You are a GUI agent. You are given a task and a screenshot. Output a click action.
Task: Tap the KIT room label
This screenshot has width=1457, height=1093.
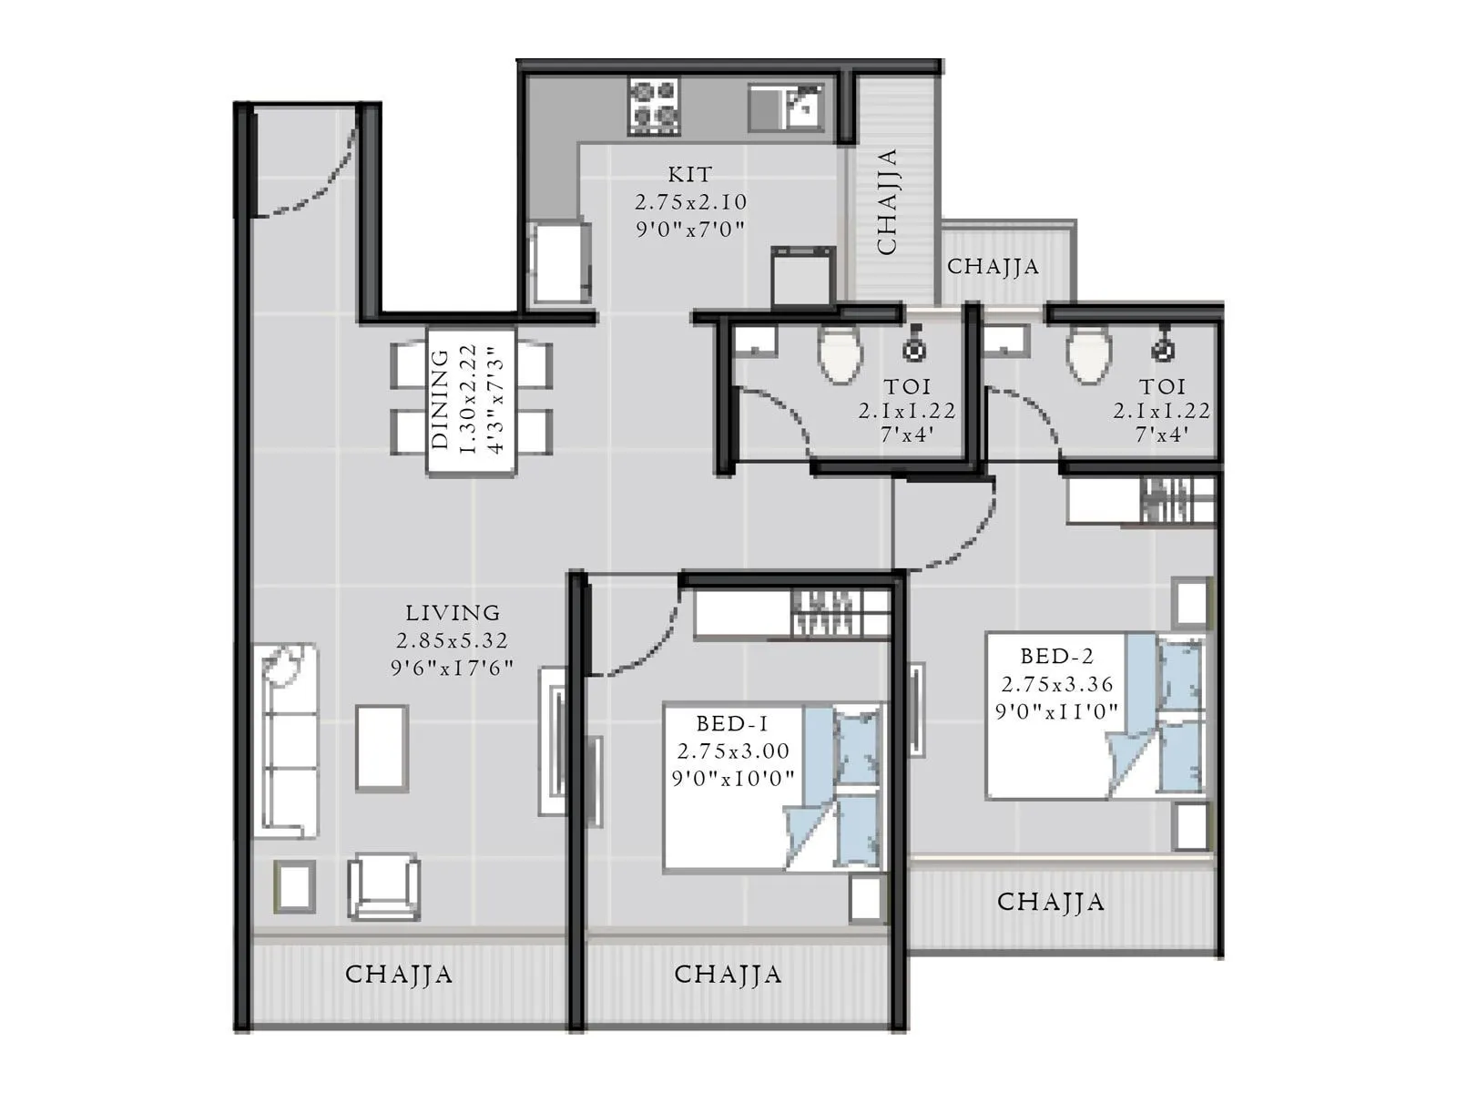coord(689,174)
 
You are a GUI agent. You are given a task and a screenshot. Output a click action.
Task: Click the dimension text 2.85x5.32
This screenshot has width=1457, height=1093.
coord(452,640)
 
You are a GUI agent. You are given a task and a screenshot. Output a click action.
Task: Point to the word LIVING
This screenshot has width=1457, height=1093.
coord(453,613)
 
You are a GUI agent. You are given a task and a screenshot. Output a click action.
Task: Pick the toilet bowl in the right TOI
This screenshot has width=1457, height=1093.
coord(1088,354)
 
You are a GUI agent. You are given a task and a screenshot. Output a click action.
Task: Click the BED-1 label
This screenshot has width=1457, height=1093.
coord(731,724)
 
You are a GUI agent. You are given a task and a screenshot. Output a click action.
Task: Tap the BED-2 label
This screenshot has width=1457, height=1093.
coord(1056,656)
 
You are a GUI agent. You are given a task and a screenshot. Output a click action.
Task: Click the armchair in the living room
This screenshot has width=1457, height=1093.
coord(383,885)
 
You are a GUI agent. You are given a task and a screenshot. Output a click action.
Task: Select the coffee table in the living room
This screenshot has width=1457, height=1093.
coord(382,747)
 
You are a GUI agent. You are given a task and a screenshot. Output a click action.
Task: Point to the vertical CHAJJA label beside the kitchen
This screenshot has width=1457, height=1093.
coord(887,201)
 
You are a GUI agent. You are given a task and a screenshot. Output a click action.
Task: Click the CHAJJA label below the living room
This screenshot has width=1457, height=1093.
coord(399,974)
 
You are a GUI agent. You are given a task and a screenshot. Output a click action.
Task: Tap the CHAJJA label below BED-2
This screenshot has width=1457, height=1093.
coord(1050,902)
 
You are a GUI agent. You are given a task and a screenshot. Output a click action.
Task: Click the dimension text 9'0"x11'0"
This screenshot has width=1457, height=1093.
coord(1056,711)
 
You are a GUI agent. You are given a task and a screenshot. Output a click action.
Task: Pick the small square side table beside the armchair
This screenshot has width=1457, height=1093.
coord(295,885)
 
